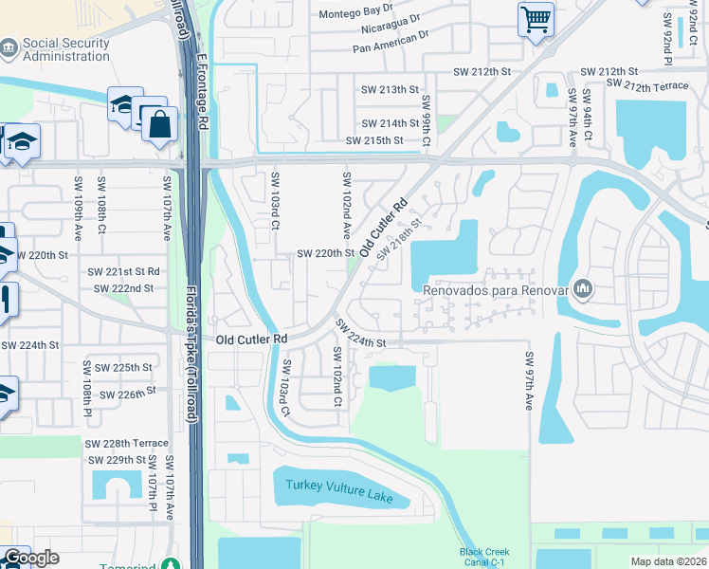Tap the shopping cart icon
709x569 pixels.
[536, 18]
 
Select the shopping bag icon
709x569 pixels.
[159, 123]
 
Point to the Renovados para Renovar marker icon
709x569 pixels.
[582, 287]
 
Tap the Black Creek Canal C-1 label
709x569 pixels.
[484, 557]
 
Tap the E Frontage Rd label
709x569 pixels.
[202, 91]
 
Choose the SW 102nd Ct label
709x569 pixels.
[336, 376]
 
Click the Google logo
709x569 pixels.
[31, 558]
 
